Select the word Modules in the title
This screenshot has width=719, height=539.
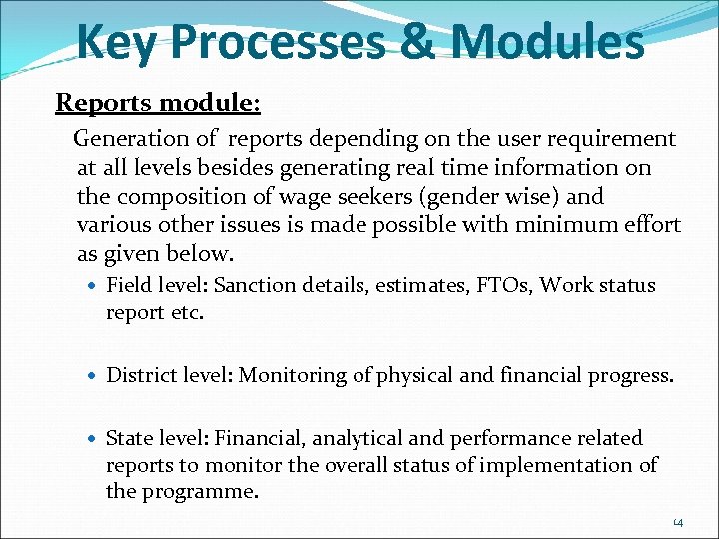pyautogui.click(x=547, y=42)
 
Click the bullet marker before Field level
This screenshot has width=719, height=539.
pyautogui.click(x=93, y=286)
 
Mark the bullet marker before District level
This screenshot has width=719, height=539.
pyautogui.click(x=93, y=376)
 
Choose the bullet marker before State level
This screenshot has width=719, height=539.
pyautogui.click(x=93, y=439)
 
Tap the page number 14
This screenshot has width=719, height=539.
pyautogui.click(x=678, y=522)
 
